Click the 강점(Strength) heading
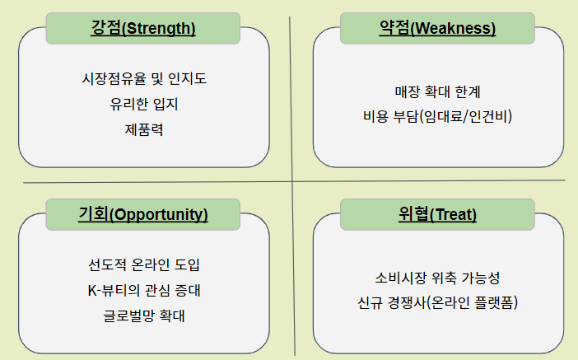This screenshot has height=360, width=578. (x=143, y=28)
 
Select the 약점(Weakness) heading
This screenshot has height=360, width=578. (x=436, y=28)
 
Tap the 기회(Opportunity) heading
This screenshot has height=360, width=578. (x=142, y=214)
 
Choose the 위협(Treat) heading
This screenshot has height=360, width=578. (x=437, y=214)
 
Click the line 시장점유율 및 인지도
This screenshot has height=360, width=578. (x=143, y=80)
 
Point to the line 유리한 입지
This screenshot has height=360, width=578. (x=143, y=105)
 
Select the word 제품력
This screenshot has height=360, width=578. (x=143, y=129)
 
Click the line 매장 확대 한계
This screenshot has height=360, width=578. (x=436, y=92)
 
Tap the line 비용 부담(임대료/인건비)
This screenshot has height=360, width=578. (x=436, y=116)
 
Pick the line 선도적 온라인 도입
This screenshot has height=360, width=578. (x=143, y=265)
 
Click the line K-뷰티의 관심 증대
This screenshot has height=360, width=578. (x=143, y=290)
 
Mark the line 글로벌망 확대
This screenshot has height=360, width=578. (x=143, y=315)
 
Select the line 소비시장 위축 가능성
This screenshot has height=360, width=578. (x=436, y=278)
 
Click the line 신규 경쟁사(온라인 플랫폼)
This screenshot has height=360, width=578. (x=436, y=302)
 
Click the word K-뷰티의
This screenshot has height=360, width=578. (x=114, y=290)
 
